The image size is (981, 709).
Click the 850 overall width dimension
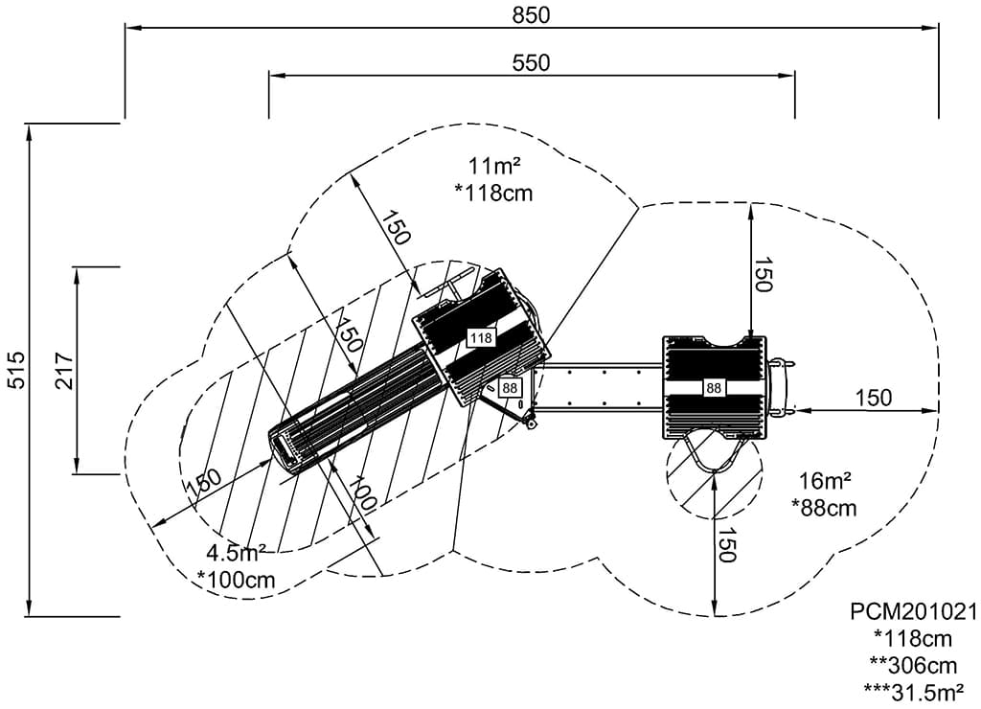coord(532,14)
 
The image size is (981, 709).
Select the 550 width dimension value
coord(532,63)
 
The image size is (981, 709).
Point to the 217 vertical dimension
coord(64,371)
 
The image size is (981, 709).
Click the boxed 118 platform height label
coord(480,337)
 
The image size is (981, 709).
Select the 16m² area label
coord(824,482)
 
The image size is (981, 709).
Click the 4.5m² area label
coord(236,554)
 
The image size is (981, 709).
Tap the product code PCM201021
coord(913,611)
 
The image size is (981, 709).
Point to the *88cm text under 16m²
coord(824,508)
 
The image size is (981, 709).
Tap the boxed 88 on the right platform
coord(714,388)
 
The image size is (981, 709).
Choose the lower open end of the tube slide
coord(285,448)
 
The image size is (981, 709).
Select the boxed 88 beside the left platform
coord(509,388)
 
